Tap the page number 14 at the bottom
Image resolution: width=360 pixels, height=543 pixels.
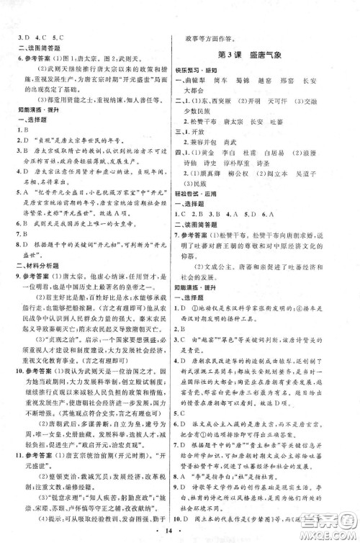179,532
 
